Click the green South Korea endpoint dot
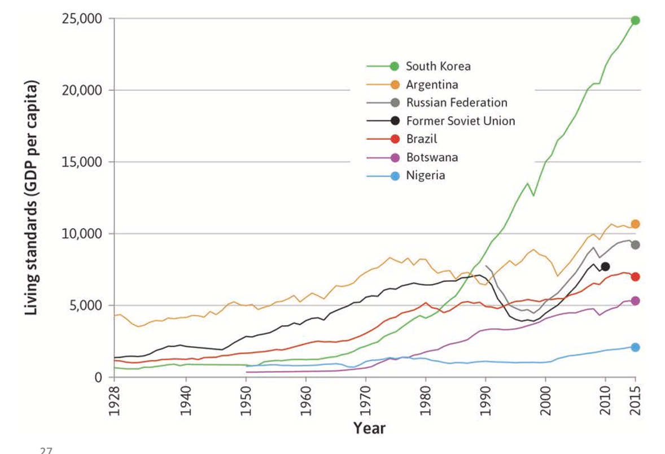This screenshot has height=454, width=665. tap(635, 20)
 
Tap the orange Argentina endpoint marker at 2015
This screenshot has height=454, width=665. tap(635, 224)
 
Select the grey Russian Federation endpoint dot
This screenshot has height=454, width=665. tap(635, 245)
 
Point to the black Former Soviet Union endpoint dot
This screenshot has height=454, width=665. tap(605, 267)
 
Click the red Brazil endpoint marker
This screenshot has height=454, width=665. tap(635, 277)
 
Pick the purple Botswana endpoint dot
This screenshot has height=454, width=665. tap(635, 301)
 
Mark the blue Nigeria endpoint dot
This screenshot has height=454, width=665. tap(635, 347)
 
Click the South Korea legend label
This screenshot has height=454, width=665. tap(438, 66)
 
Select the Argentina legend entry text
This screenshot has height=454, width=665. tap(432, 85)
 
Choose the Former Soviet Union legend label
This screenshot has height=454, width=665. tap(460, 121)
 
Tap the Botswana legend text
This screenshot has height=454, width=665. tap(432, 157)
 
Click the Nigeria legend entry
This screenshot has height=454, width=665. tap(425, 175)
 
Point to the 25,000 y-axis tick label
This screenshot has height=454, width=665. tap(81, 19)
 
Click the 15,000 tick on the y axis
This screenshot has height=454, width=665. tap(81, 162)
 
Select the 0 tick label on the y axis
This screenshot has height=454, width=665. tap(97, 377)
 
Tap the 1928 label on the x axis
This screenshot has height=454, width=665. tap(115, 401)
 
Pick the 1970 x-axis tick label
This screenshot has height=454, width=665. tap(365, 401)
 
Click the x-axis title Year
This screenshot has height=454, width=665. tap(369, 428)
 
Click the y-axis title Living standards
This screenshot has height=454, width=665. tap(33, 198)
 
